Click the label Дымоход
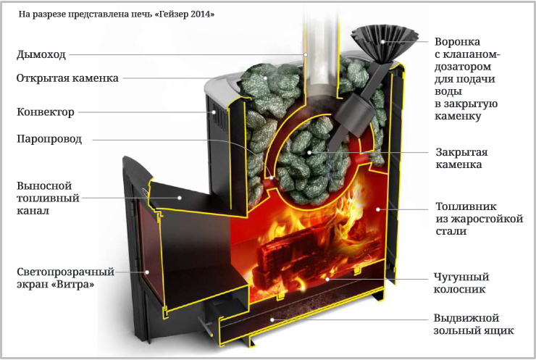[x=41, y=55]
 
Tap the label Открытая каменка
[x=67, y=78]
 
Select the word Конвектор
[x=46, y=112]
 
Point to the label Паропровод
[x=49, y=139]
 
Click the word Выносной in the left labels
[x=44, y=185]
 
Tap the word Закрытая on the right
[x=461, y=152]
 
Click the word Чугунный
[x=461, y=277]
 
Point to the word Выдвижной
[x=466, y=318]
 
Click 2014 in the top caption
[x=199, y=14]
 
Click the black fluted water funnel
[x=384, y=43]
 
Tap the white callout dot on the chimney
[x=306, y=55]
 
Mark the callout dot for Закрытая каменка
[x=309, y=153]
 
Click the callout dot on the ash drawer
[x=272, y=320]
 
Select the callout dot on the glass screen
[x=147, y=272]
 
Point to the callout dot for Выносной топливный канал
[x=179, y=198]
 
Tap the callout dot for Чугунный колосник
[x=327, y=279]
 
